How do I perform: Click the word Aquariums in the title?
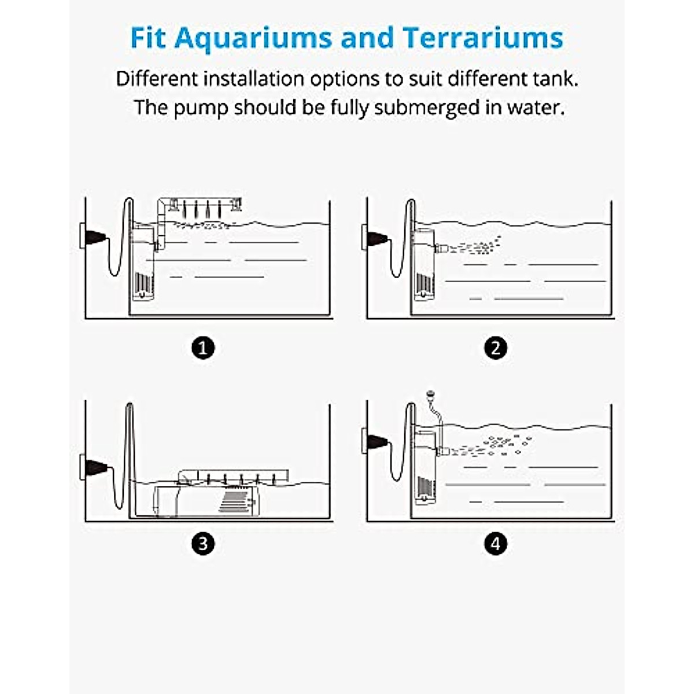(x=253, y=38)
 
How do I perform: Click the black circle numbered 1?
(x=202, y=348)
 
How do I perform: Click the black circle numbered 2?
(x=495, y=348)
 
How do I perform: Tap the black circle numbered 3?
(x=202, y=544)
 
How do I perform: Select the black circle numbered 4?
(x=495, y=544)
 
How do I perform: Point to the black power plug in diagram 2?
(x=376, y=237)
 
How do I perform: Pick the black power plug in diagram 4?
(x=376, y=442)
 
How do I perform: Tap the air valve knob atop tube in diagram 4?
(x=430, y=395)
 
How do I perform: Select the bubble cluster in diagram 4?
(x=497, y=444)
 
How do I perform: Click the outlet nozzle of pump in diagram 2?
(x=440, y=249)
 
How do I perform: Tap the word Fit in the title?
(x=149, y=38)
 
